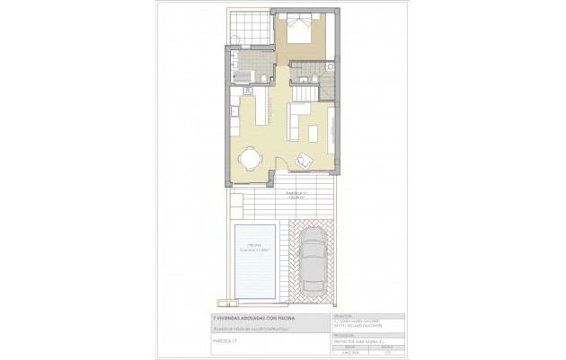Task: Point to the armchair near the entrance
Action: click(305, 160)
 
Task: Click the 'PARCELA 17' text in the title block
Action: click(225, 341)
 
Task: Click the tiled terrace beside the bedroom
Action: click(252, 27)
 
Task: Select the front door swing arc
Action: click(281, 162)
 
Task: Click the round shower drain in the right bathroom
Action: click(329, 67)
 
